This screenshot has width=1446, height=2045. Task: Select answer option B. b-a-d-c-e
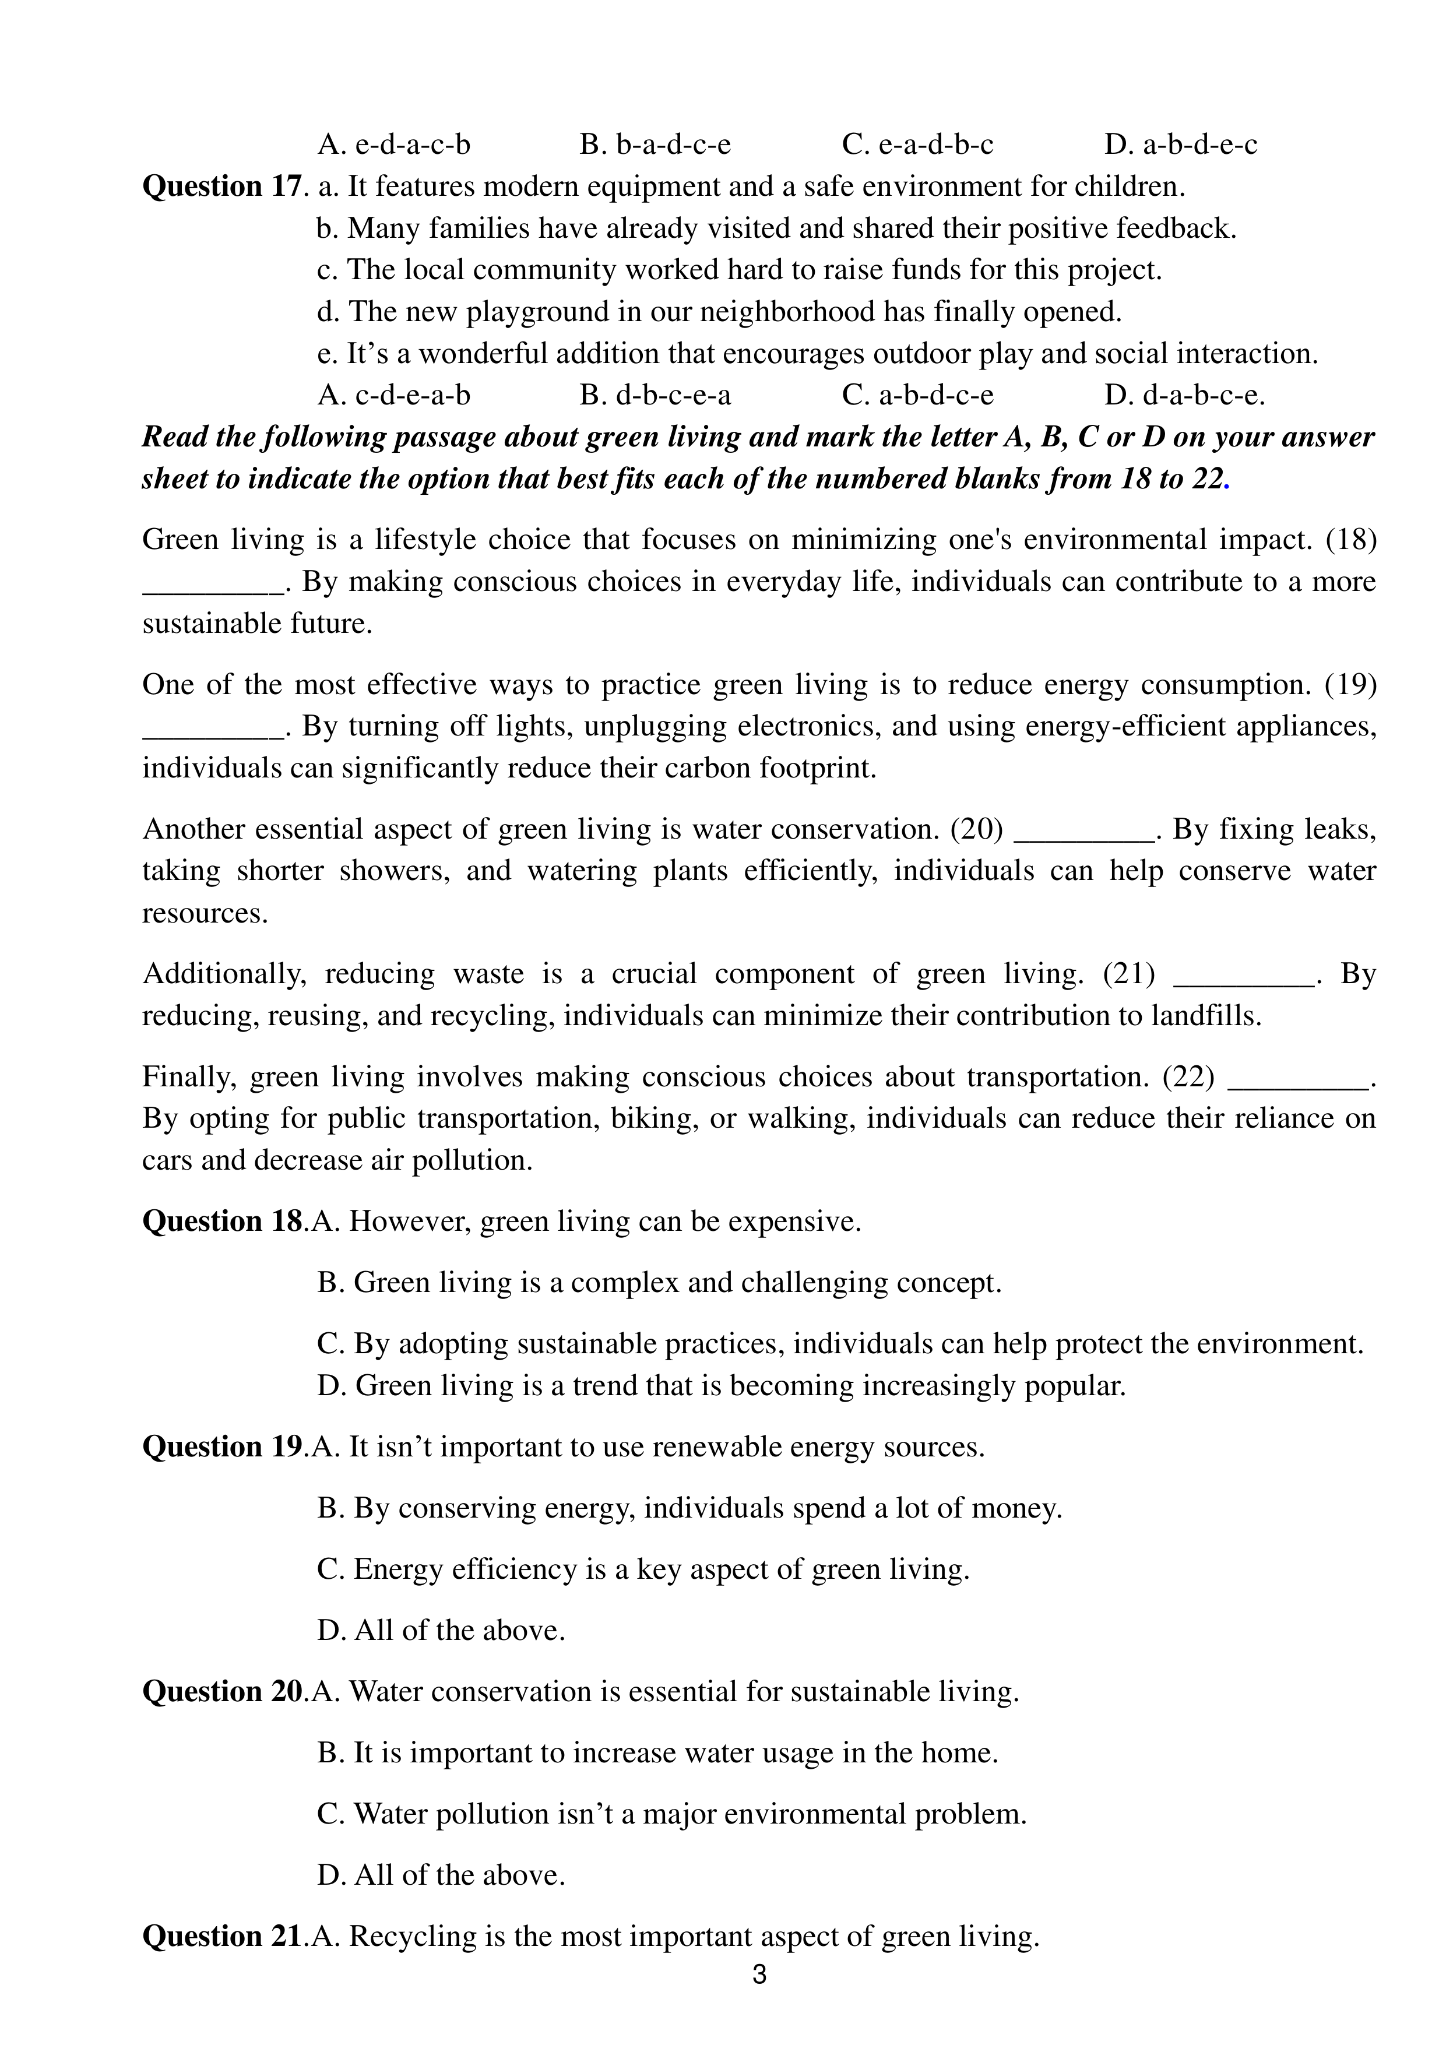click(655, 145)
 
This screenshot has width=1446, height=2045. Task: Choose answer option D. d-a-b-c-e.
click(1184, 395)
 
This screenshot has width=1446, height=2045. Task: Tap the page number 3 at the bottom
click(759, 1974)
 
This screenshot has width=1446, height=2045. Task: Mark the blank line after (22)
click(1297, 1078)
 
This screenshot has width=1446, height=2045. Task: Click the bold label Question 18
click(222, 1221)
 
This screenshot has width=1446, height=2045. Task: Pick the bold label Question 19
click(222, 1446)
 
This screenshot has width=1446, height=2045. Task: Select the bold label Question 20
click(222, 1691)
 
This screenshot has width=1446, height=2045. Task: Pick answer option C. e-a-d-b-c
click(918, 145)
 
